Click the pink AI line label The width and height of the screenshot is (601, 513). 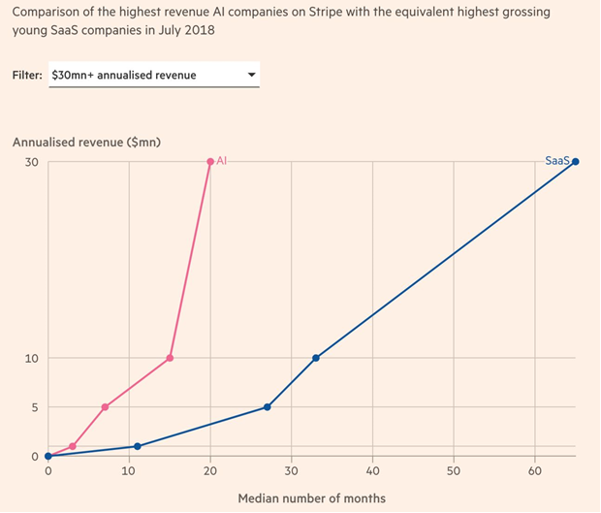point(222,161)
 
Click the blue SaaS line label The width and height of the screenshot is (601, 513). point(556,161)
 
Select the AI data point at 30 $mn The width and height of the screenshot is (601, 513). point(210,162)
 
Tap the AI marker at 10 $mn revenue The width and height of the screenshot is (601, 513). point(170,358)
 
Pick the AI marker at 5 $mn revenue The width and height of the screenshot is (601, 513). point(105,406)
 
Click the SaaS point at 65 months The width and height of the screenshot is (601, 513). point(576,162)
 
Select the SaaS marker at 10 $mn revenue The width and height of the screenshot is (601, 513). point(316,358)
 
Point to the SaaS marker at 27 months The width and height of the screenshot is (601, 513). point(267,406)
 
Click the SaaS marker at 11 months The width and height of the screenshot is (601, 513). point(137,446)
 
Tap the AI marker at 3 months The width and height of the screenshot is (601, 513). point(72,446)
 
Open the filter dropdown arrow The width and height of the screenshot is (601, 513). point(252,75)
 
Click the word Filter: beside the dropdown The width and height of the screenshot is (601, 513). point(29,75)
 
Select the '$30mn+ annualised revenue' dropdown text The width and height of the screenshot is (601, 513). point(124,75)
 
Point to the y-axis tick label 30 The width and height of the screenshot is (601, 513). point(31,162)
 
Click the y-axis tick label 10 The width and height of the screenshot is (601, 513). point(31,358)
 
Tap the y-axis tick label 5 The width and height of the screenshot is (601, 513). point(35,407)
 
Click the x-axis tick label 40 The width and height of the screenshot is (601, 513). point(372,471)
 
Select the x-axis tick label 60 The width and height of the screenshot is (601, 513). point(535,471)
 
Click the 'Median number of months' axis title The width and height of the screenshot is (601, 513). point(311,498)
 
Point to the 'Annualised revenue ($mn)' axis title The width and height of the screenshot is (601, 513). point(86,142)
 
